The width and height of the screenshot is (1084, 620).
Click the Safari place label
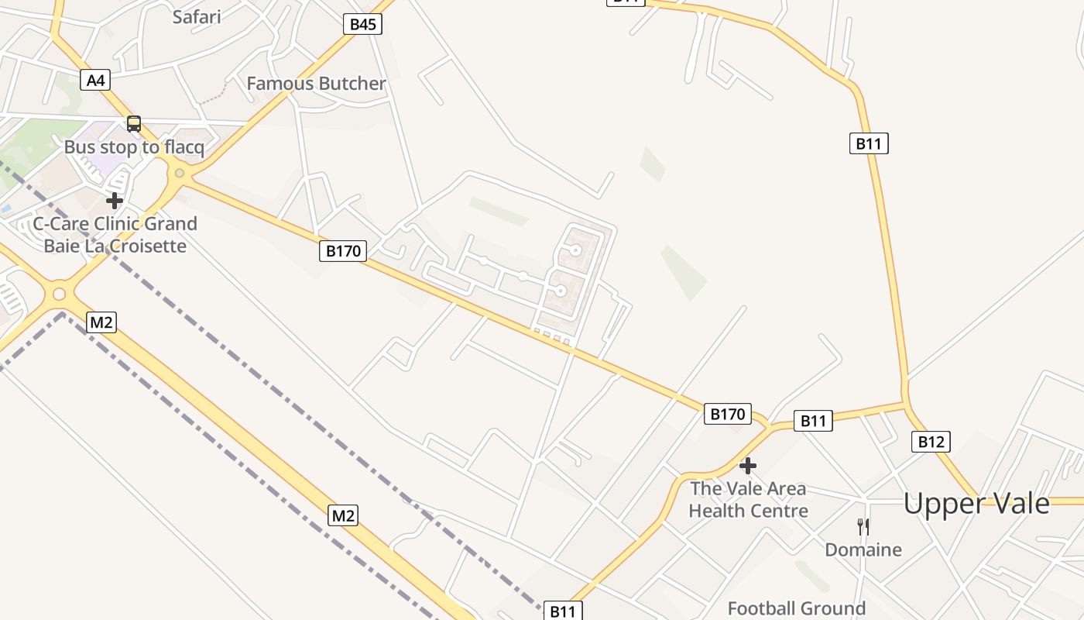197,16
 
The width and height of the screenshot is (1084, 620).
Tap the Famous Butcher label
316,84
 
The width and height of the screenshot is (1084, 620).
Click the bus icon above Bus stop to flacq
134,124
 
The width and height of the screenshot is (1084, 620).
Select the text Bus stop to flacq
134,147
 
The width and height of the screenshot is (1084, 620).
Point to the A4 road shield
95,80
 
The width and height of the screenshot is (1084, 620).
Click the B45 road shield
362,24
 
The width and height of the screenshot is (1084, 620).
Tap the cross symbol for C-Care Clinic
115,201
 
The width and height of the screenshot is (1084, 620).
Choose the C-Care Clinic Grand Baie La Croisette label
115,235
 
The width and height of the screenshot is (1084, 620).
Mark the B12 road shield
930,442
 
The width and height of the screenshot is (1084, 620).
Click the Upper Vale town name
976,504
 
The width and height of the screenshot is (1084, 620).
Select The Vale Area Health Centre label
748,500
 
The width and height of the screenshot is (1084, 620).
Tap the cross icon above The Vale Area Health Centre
748,466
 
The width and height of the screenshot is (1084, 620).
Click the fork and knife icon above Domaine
863,527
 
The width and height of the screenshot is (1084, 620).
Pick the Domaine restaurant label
863,550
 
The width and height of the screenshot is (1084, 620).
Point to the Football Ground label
797,608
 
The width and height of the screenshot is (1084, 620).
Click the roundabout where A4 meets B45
180,174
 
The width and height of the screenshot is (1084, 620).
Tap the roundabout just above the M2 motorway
59,294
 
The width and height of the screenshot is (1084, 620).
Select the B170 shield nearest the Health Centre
728,415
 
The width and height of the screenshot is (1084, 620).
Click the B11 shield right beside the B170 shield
813,421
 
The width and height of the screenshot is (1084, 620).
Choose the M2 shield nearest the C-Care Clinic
101,322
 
